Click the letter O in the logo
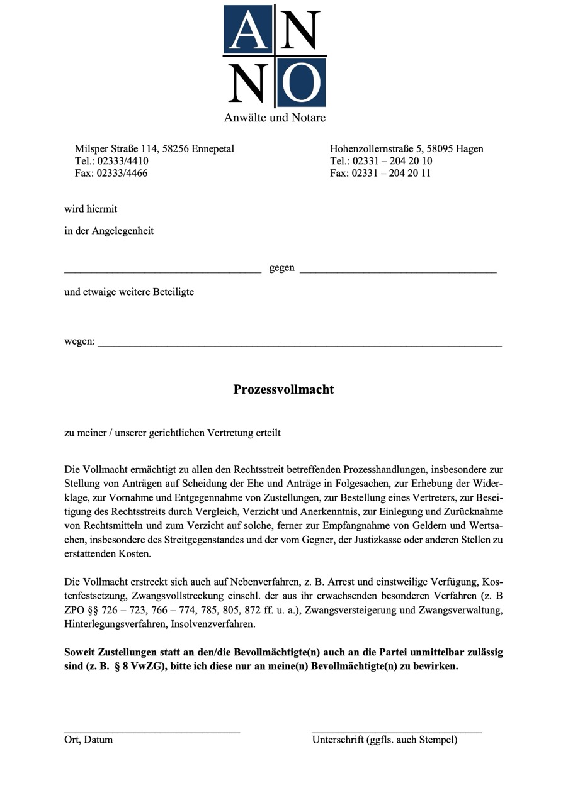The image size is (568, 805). [300, 83]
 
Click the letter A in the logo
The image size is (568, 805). [248, 30]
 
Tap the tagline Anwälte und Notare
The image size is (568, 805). [275, 118]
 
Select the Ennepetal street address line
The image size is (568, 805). [154, 149]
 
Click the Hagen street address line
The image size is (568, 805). [406, 149]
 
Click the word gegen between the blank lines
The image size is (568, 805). [281, 268]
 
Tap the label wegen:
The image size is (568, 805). [79, 341]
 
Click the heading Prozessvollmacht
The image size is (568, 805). [283, 389]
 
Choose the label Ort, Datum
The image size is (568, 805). [89, 740]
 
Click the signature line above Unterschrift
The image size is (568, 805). [397, 732]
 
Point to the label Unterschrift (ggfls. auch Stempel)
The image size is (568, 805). [385, 740]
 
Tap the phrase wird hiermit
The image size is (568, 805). [91, 209]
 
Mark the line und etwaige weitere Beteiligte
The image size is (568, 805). [129, 292]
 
